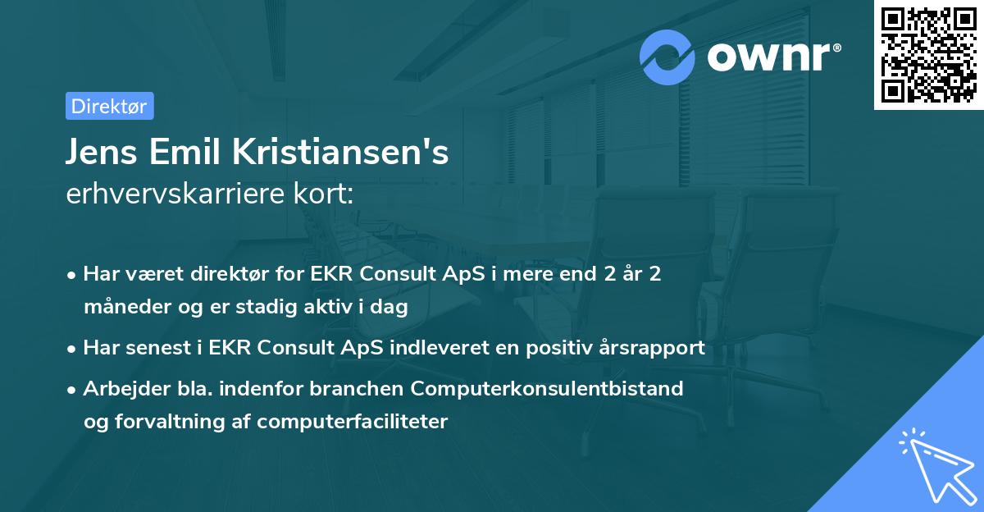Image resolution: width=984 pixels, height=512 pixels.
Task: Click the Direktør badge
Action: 109,106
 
